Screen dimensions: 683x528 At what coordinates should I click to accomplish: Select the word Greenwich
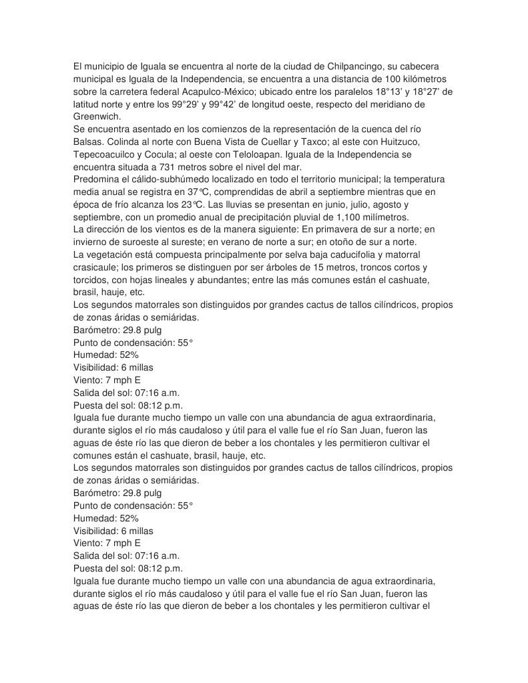pos(97,117)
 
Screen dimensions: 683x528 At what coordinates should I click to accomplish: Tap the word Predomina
pos(97,180)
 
